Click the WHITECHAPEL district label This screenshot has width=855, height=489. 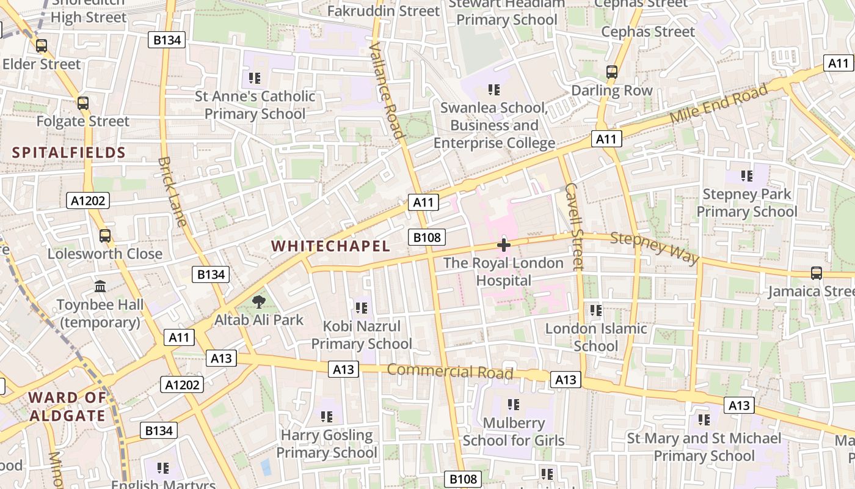[330, 246]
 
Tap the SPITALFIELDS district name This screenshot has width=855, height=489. [69, 153]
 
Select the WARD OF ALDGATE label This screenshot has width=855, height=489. [67, 406]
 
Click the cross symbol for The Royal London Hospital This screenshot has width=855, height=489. [504, 246]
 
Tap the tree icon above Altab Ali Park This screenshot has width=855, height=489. [259, 301]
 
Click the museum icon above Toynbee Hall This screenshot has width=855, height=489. [100, 286]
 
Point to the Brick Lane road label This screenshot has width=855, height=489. [173, 191]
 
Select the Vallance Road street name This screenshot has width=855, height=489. [387, 91]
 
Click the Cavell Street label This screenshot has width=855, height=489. [574, 226]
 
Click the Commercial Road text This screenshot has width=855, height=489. [449, 371]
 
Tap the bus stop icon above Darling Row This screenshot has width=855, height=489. [612, 72]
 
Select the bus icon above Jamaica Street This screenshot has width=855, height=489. [816, 273]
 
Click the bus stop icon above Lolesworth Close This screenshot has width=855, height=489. [105, 235]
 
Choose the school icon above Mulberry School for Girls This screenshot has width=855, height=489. [514, 404]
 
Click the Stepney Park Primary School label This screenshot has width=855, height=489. [747, 203]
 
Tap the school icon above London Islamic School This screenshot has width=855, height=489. [596, 311]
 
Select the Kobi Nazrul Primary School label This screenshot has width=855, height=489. [362, 335]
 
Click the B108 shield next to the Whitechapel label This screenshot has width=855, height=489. [427, 237]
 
